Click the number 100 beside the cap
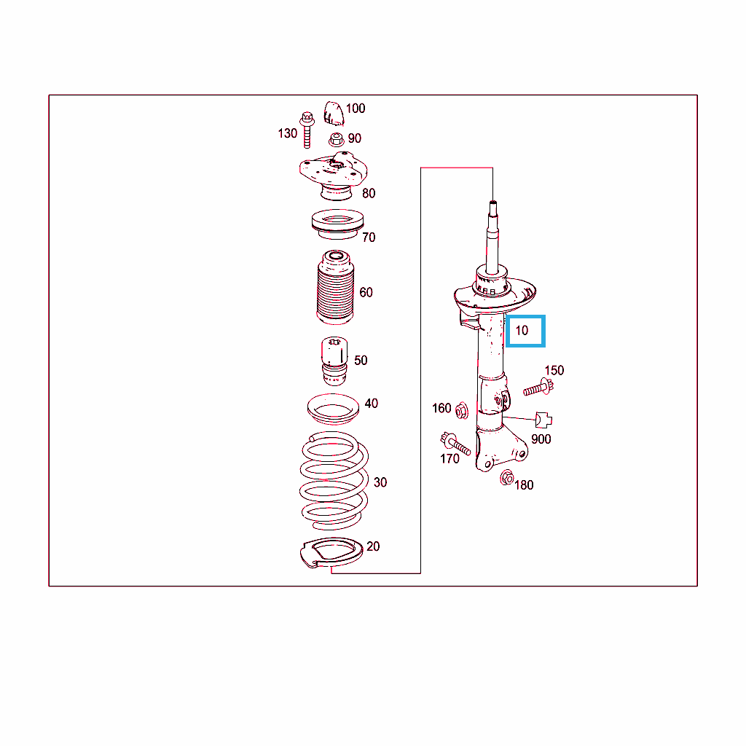356,109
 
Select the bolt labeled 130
307,130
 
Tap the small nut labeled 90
337,139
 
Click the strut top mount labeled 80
334,176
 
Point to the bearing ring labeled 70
338,224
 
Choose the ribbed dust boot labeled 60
335,287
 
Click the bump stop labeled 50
334,361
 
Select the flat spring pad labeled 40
333,409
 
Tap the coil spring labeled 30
334,481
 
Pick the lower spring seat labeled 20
331,554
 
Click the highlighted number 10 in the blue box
522,331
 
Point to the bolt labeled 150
538,388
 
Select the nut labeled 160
461,411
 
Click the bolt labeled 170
455,444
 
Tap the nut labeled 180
507,477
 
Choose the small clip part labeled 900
543,420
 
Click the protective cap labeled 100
334,114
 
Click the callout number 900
541,439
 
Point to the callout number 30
380,482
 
